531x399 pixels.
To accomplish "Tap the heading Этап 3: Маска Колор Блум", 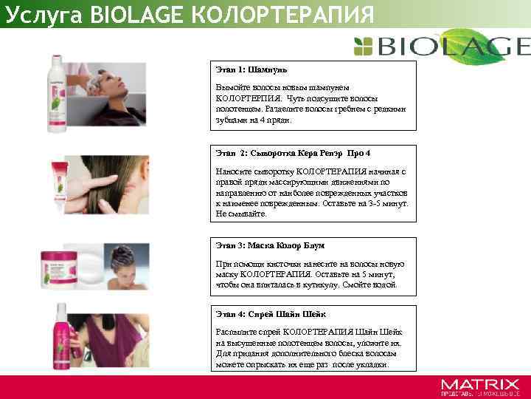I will pyautogui.click(x=270, y=245).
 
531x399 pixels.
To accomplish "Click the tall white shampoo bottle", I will pyautogui.click(x=58, y=92).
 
